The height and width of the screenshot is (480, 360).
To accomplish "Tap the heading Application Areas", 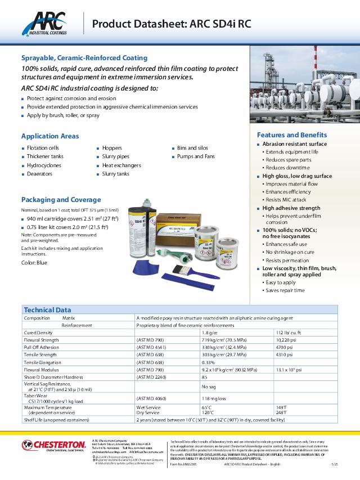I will point(50,136).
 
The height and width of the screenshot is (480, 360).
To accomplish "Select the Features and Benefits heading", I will point(291,135).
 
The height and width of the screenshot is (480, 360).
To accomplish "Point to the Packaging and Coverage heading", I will point(61,199).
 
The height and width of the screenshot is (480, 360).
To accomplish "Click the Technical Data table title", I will point(47,309).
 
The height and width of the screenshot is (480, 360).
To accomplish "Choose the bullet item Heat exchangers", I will point(121,165).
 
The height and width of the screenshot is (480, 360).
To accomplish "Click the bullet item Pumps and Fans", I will point(196,156).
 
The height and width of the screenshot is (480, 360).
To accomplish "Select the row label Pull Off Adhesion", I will point(42,347).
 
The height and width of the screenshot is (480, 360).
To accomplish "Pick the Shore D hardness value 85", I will point(205,377).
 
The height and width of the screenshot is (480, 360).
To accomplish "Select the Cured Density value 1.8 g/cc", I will point(210,333).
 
